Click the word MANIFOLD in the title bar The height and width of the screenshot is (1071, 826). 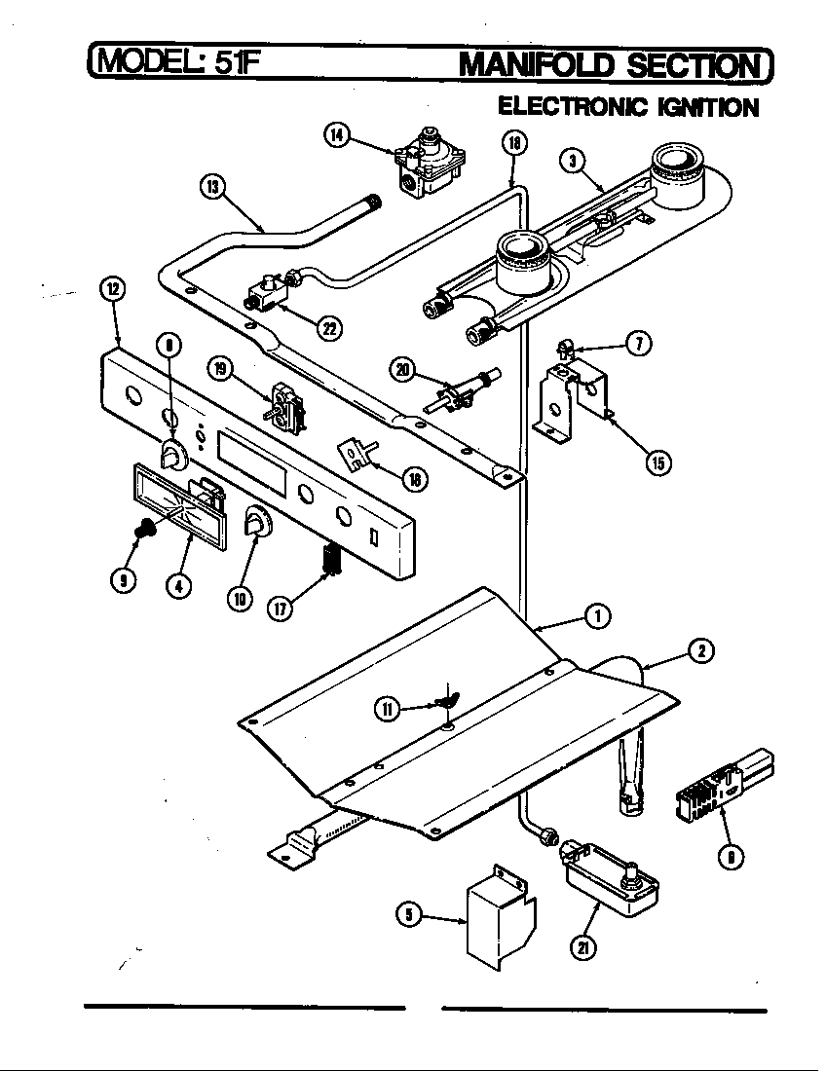click(x=538, y=65)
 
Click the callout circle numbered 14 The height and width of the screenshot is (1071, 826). click(x=337, y=135)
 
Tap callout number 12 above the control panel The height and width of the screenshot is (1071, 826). click(x=114, y=288)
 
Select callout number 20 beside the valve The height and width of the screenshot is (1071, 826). click(x=403, y=369)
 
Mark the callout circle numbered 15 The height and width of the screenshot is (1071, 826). click(x=658, y=462)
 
